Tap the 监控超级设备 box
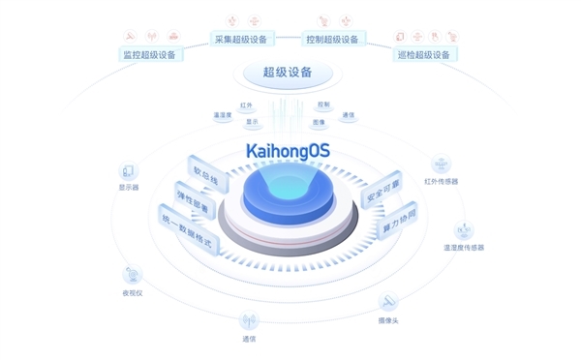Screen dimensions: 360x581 click(149, 54)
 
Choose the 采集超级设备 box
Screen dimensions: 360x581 click(242, 39)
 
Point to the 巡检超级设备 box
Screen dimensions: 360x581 click(423, 54)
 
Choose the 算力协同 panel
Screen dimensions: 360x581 click(395, 224)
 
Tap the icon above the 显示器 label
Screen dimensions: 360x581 click(129, 171)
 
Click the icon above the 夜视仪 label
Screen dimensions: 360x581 click(132, 275)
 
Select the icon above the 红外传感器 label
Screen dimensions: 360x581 click(442, 163)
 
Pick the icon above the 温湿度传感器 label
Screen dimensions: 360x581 click(464, 231)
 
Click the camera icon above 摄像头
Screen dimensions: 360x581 click(388, 302)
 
